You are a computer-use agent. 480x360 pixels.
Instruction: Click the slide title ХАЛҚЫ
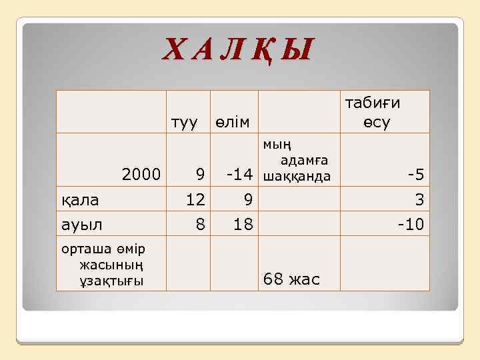pyautogui.click(x=239, y=50)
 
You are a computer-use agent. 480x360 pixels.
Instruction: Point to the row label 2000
pyautogui.click(x=141, y=175)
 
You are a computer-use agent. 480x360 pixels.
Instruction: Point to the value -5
pyautogui.click(x=416, y=175)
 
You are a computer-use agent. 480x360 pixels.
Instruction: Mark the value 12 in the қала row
pyautogui.click(x=195, y=199)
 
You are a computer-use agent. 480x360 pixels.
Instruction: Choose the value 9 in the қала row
pyautogui.click(x=247, y=199)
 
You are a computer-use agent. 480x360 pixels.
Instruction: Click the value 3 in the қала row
pyautogui.click(x=419, y=199)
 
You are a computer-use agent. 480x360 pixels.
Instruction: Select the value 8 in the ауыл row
pyautogui.click(x=200, y=224)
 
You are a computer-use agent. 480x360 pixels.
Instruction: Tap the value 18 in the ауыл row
pyautogui.click(x=243, y=224)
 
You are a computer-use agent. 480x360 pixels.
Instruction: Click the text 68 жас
pyautogui.click(x=292, y=279)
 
